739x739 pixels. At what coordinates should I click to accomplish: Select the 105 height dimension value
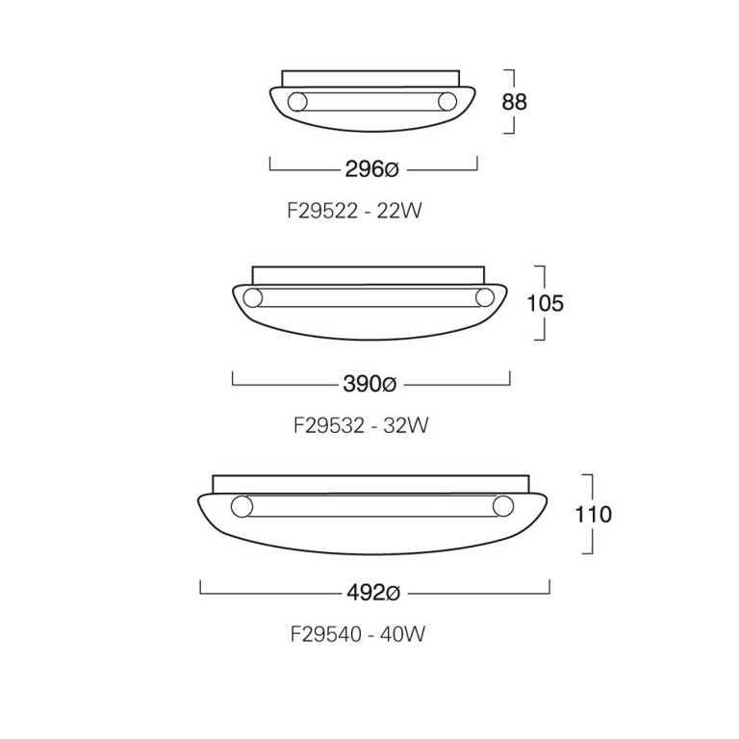[x=545, y=303]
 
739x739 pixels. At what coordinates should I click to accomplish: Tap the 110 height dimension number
[x=593, y=514]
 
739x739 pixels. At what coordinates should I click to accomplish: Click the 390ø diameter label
[x=369, y=384]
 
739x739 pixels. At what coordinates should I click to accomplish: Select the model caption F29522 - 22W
[x=354, y=211]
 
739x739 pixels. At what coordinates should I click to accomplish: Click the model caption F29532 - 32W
[x=361, y=424]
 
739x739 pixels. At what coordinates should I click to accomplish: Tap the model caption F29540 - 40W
[x=357, y=634]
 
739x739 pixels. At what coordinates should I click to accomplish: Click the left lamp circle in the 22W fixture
[x=298, y=101]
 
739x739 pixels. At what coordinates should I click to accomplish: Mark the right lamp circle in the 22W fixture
[x=446, y=101]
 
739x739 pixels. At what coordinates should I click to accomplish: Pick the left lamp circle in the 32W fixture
[x=252, y=297]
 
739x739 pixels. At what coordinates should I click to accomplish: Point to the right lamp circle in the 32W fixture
[x=485, y=297]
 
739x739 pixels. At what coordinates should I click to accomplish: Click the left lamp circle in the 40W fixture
[x=241, y=505]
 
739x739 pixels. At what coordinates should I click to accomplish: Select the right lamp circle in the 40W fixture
[x=502, y=505]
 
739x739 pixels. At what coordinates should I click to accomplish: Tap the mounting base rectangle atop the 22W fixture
[x=371, y=77]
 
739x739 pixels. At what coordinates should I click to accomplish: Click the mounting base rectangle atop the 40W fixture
[x=370, y=481]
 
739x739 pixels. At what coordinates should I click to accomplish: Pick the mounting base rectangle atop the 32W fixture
[x=369, y=274]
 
